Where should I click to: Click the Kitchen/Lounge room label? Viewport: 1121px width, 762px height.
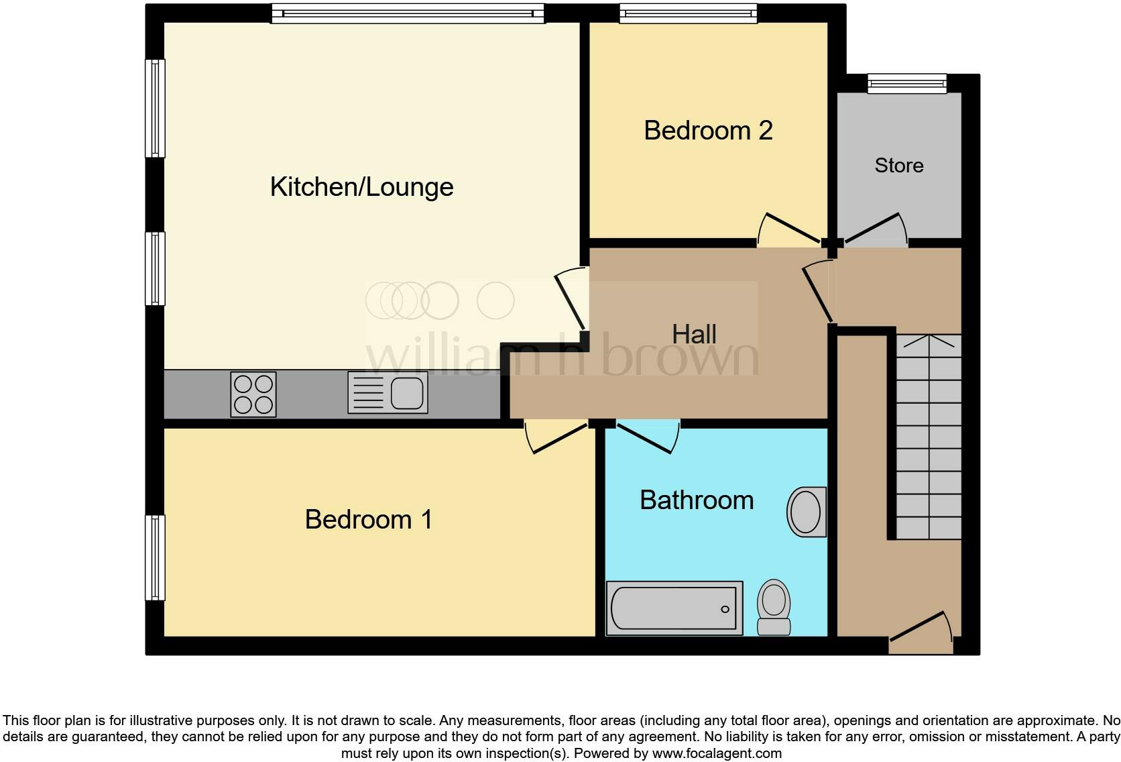point(361,187)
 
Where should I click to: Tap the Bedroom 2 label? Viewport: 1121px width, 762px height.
point(708,130)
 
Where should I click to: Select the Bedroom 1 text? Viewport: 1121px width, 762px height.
point(368,520)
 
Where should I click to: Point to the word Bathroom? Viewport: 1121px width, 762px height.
point(697,500)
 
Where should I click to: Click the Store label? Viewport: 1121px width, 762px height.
point(898,166)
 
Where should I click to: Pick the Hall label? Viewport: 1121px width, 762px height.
point(694,334)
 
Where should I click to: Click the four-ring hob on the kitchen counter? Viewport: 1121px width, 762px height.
point(253,394)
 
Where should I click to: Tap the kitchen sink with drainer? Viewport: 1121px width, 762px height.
point(388,393)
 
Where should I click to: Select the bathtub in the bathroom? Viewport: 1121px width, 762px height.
point(674,608)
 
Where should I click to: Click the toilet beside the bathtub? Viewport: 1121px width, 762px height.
point(774,606)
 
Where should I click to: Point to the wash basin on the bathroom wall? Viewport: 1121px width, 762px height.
point(807,512)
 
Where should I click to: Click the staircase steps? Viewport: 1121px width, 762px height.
point(929,436)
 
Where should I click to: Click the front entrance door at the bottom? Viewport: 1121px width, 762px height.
point(921,632)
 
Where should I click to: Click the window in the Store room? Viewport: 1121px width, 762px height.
point(906,83)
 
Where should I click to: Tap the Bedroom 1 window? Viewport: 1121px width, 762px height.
point(155,557)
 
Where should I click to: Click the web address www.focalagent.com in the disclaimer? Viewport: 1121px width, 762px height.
point(717,753)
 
